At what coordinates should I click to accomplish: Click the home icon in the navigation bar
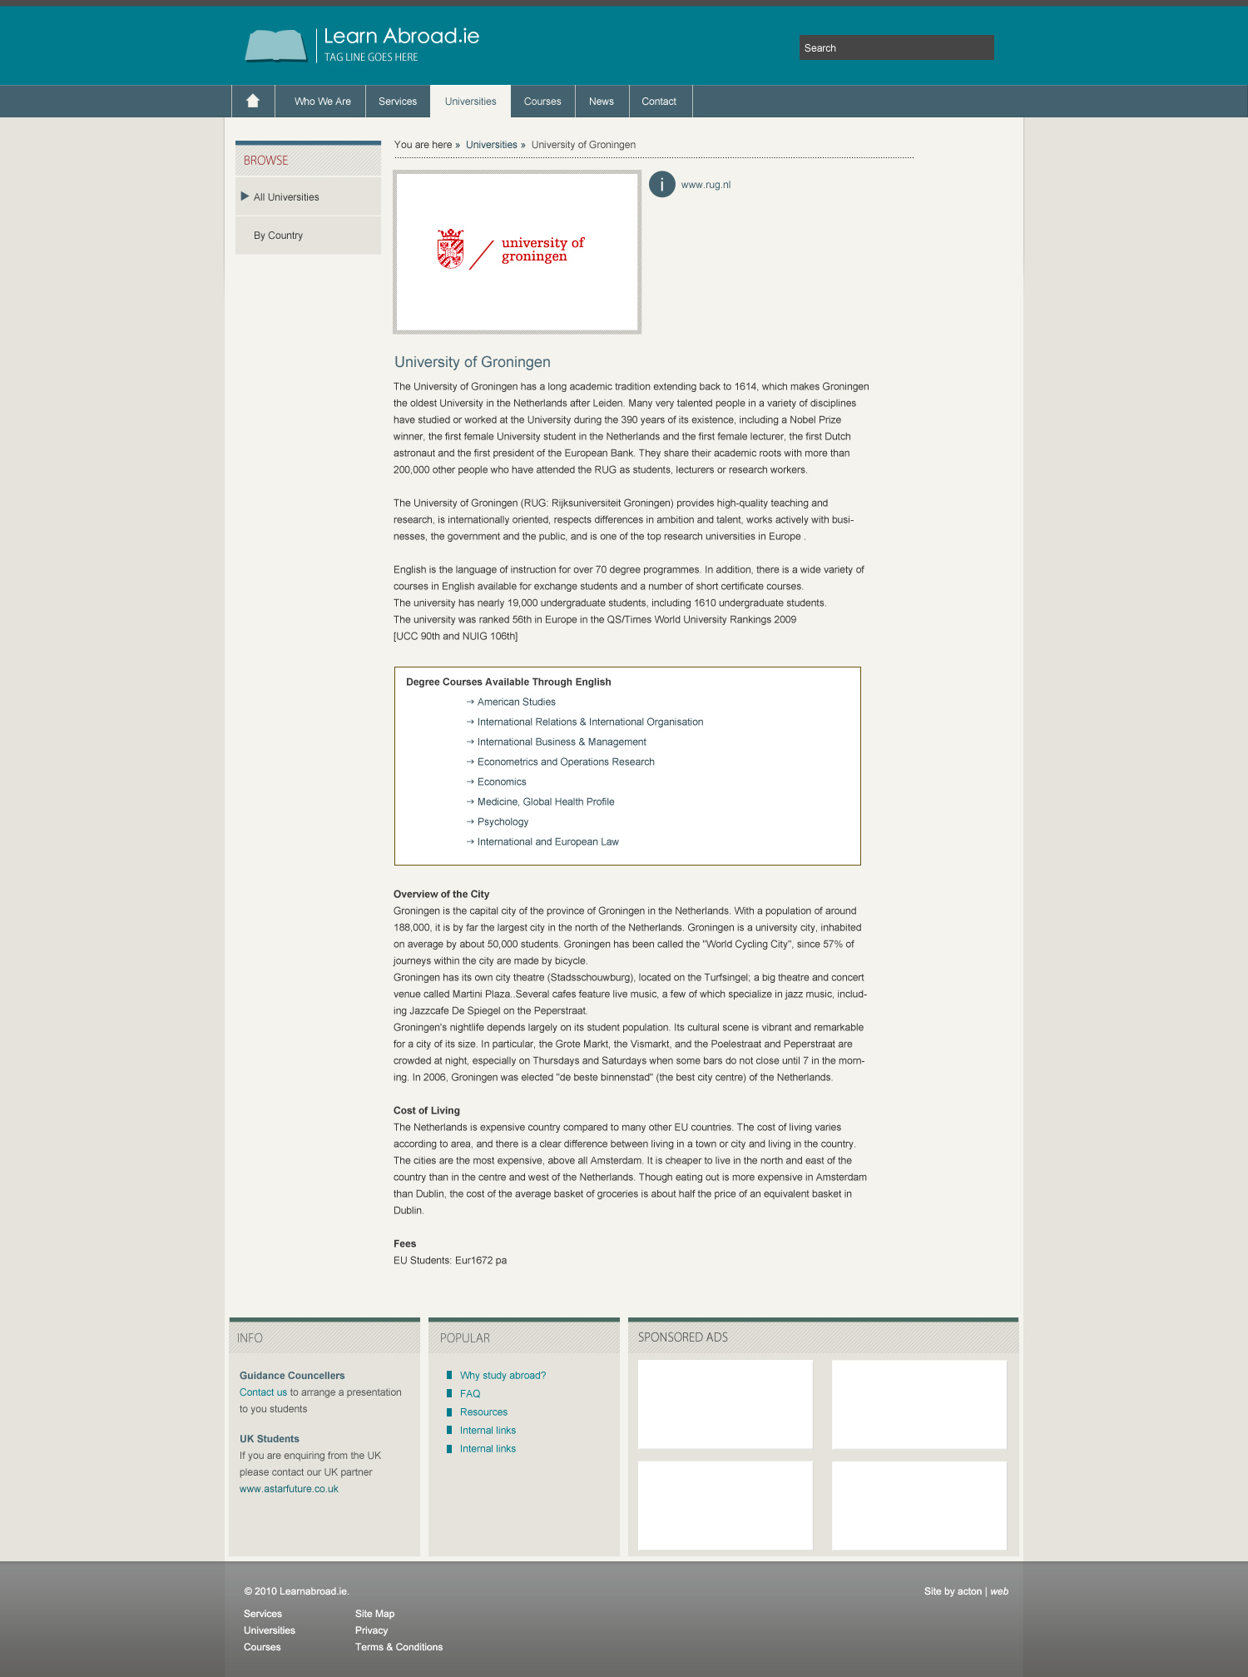253,101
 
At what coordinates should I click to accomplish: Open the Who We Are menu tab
322,102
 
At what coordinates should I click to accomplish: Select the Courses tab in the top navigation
542,102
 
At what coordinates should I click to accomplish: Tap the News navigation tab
601,102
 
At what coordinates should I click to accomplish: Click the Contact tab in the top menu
659,102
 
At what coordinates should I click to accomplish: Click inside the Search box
896,47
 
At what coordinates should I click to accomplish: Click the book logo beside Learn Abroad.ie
275,45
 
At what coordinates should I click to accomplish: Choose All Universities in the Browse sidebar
286,197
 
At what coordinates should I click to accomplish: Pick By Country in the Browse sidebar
278,236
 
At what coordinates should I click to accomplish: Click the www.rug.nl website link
706,185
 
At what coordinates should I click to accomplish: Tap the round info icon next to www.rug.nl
662,184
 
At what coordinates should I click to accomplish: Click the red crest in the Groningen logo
451,249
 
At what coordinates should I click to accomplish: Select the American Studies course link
516,702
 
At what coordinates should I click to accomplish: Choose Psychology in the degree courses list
503,821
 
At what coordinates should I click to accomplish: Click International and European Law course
547,841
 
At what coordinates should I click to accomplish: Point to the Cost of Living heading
427,1110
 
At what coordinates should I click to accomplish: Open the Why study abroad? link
503,1375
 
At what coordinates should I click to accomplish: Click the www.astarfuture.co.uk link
289,1489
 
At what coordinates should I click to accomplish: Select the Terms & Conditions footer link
399,1647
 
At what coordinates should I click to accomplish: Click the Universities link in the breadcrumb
491,145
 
